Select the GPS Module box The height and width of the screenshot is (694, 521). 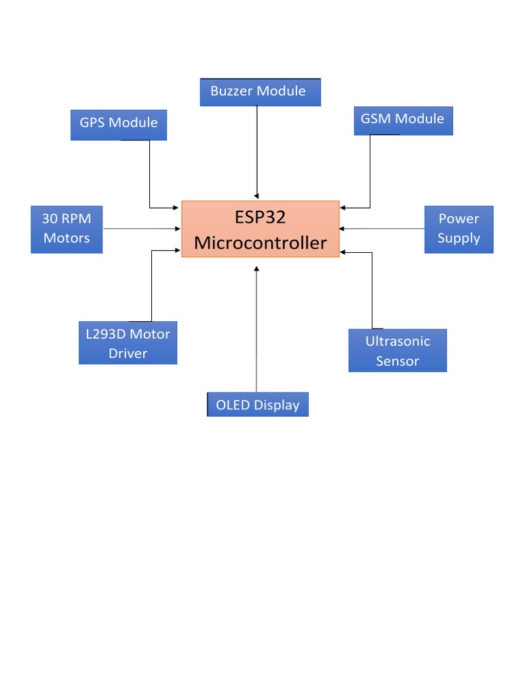(119, 123)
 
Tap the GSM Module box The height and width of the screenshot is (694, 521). (402, 120)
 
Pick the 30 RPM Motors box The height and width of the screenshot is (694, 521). (66, 228)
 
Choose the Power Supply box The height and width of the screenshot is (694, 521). (459, 229)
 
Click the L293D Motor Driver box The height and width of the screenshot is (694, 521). (128, 343)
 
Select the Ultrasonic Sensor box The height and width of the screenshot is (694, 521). (398, 350)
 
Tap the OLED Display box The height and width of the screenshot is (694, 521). (258, 405)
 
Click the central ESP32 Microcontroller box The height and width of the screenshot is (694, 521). (260, 229)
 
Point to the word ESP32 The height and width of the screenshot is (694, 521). (260, 218)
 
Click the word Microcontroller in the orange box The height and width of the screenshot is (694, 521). (260, 243)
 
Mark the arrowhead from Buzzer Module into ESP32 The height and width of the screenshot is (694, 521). (256, 197)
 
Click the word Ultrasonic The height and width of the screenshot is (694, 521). (398, 341)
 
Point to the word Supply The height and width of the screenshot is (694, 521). (459, 239)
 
